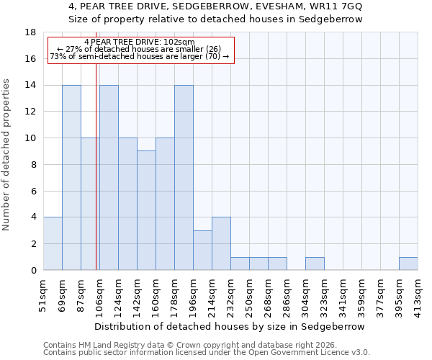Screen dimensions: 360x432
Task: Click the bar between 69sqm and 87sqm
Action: pos(71,178)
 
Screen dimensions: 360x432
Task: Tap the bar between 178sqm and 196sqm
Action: pos(184,178)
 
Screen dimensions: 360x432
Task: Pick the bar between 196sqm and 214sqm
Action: pos(202,251)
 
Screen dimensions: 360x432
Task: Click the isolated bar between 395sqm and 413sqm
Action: pos(408,264)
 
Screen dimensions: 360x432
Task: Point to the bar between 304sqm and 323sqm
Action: pos(315,264)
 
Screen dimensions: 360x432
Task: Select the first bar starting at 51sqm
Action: pos(53,243)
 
